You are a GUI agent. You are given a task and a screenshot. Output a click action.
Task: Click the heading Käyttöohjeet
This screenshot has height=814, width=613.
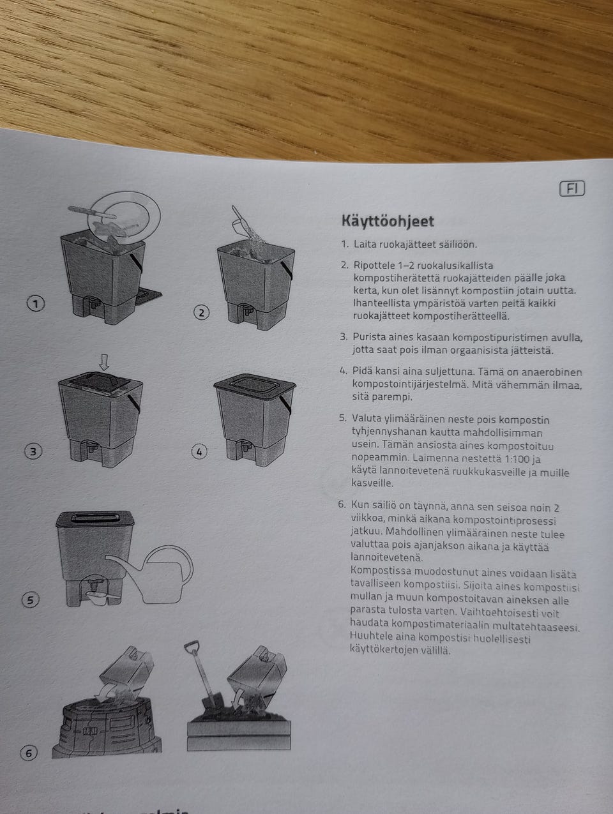click(x=388, y=222)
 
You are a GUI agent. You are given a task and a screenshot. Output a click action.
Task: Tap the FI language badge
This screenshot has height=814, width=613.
click(x=571, y=188)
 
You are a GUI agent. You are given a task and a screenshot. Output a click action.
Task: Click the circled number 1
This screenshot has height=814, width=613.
click(x=35, y=304)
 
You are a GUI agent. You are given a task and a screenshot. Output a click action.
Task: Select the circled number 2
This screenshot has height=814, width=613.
click(x=201, y=312)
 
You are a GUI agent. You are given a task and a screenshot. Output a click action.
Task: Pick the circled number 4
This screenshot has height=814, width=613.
click(x=199, y=452)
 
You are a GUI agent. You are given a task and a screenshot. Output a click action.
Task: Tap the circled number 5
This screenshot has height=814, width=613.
click(x=30, y=600)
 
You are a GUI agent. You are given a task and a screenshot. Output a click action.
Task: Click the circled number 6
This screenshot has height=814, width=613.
click(x=29, y=753)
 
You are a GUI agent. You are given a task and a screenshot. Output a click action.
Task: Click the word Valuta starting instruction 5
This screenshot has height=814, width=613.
click(x=367, y=419)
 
